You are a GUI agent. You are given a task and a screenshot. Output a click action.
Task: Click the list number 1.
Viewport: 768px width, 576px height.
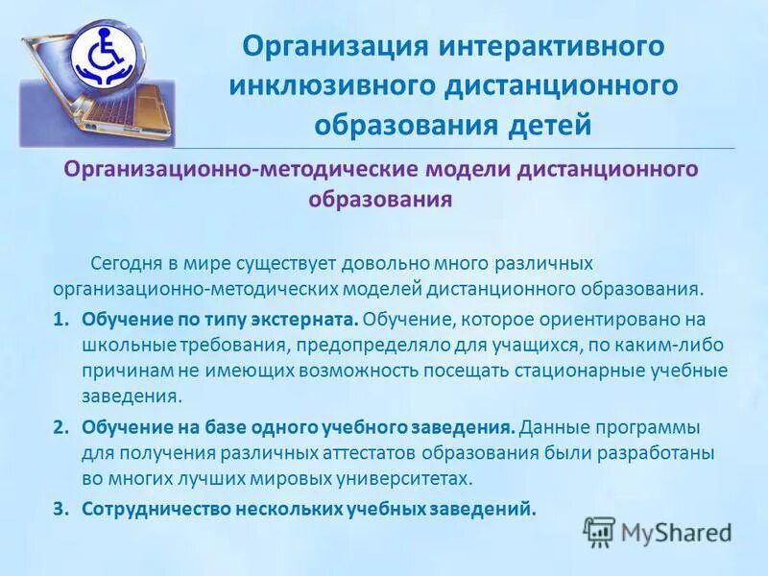60,320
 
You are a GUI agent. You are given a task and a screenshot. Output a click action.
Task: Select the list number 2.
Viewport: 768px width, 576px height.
60,427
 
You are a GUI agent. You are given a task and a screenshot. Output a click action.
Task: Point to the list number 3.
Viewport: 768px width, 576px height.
60,509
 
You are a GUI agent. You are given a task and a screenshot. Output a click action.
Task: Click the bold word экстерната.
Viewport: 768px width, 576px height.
309,320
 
